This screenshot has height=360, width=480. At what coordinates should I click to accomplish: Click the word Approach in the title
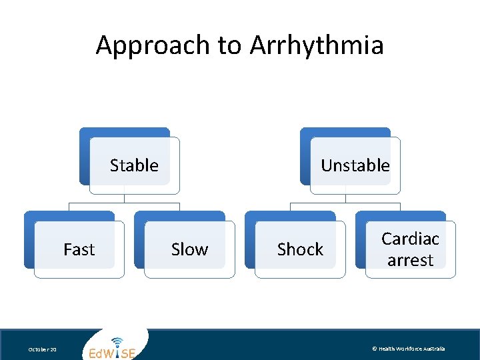[153, 46]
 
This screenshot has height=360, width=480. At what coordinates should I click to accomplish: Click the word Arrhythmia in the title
[317, 46]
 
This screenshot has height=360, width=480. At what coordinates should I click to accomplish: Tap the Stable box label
[134, 165]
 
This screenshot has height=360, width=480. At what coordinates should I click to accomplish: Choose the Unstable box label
[355, 165]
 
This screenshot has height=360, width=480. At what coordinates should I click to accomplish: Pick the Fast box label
[79, 249]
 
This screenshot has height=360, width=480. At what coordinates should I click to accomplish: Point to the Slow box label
[189, 249]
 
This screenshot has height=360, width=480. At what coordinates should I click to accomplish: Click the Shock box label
[300, 249]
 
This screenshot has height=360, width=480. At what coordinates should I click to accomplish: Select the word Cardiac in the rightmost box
[410, 239]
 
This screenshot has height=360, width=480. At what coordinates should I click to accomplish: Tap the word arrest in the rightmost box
[410, 260]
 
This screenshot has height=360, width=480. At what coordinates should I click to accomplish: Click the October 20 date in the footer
[42, 349]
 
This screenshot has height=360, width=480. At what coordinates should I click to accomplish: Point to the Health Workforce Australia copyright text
[408, 349]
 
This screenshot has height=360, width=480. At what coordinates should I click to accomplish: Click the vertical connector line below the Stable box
[124, 198]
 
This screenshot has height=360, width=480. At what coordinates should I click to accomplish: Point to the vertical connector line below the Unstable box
[345, 198]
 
